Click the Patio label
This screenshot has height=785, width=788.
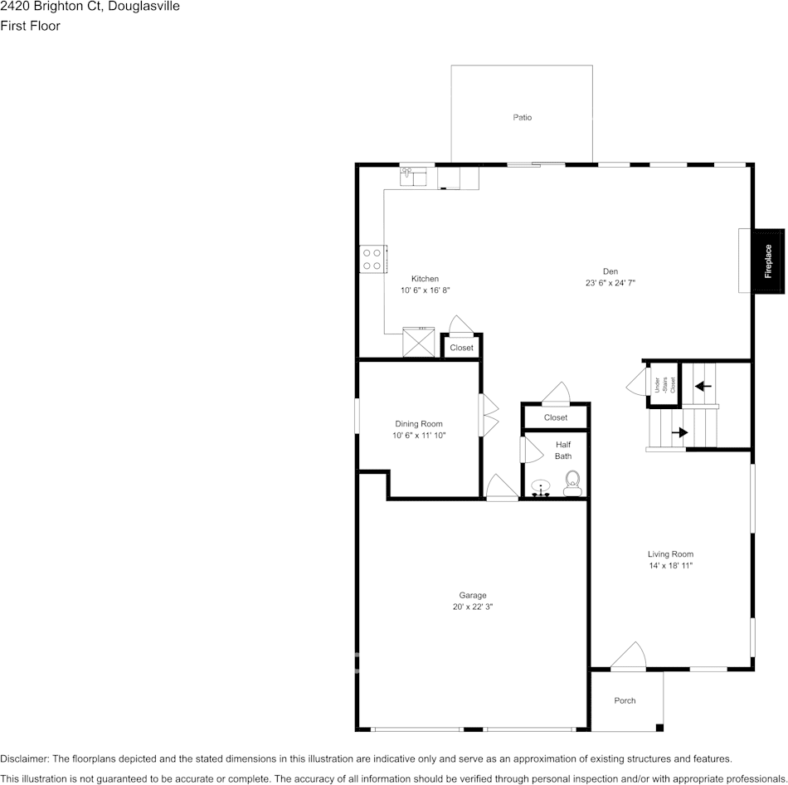(522, 118)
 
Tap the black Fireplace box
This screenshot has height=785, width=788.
(768, 260)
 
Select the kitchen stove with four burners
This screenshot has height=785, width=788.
(372, 260)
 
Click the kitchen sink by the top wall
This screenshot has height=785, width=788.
(412, 176)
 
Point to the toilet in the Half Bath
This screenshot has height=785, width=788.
(572, 483)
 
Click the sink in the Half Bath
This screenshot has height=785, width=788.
(541, 489)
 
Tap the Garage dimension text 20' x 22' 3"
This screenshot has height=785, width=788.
(473, 607)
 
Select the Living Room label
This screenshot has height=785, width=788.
(670, 554)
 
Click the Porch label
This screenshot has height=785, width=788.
(625, 700)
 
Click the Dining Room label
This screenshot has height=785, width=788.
(419, 424)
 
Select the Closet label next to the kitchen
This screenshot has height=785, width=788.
(461, 348)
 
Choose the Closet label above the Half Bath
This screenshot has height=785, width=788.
(556, 417)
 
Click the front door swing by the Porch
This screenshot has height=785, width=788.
(629, 656)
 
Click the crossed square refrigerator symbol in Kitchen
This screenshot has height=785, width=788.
(419, 342)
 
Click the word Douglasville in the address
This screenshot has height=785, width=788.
(145, 7)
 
